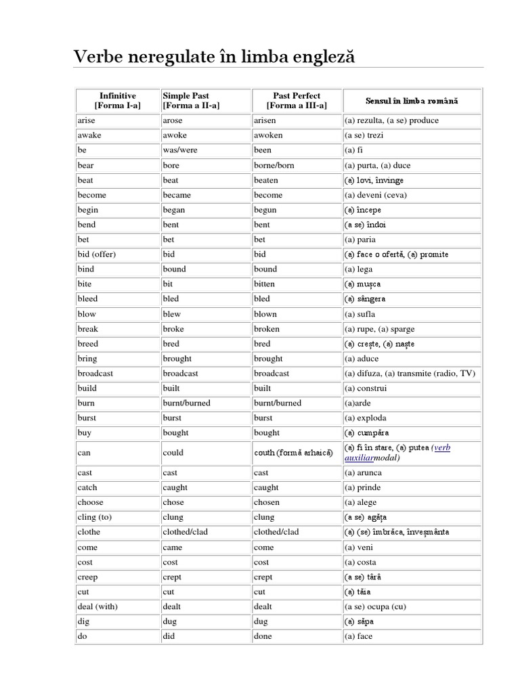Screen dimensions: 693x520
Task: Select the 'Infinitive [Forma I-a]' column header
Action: pos(117,101)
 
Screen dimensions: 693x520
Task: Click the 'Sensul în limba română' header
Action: pos(411,101)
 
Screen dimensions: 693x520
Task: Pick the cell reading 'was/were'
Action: pos(180,150)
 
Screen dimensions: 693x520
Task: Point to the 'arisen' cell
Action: pos(265,120)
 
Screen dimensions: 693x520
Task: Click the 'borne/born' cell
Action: pos(274,165)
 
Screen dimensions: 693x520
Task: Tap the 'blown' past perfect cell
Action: pos(265,314)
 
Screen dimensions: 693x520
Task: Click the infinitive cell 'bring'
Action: pos(87,359)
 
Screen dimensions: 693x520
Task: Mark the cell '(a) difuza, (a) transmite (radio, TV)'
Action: pos(410,374)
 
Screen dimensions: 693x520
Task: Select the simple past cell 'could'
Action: pos(173,453)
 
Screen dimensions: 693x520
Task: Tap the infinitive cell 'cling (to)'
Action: pos(94,517)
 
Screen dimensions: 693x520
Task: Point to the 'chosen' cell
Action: pos(267,502)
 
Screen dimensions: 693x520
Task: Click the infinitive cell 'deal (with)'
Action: pos(97,606)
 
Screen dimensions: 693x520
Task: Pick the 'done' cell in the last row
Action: pos(263,636)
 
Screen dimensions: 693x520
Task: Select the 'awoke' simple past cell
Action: pos(175,135)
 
